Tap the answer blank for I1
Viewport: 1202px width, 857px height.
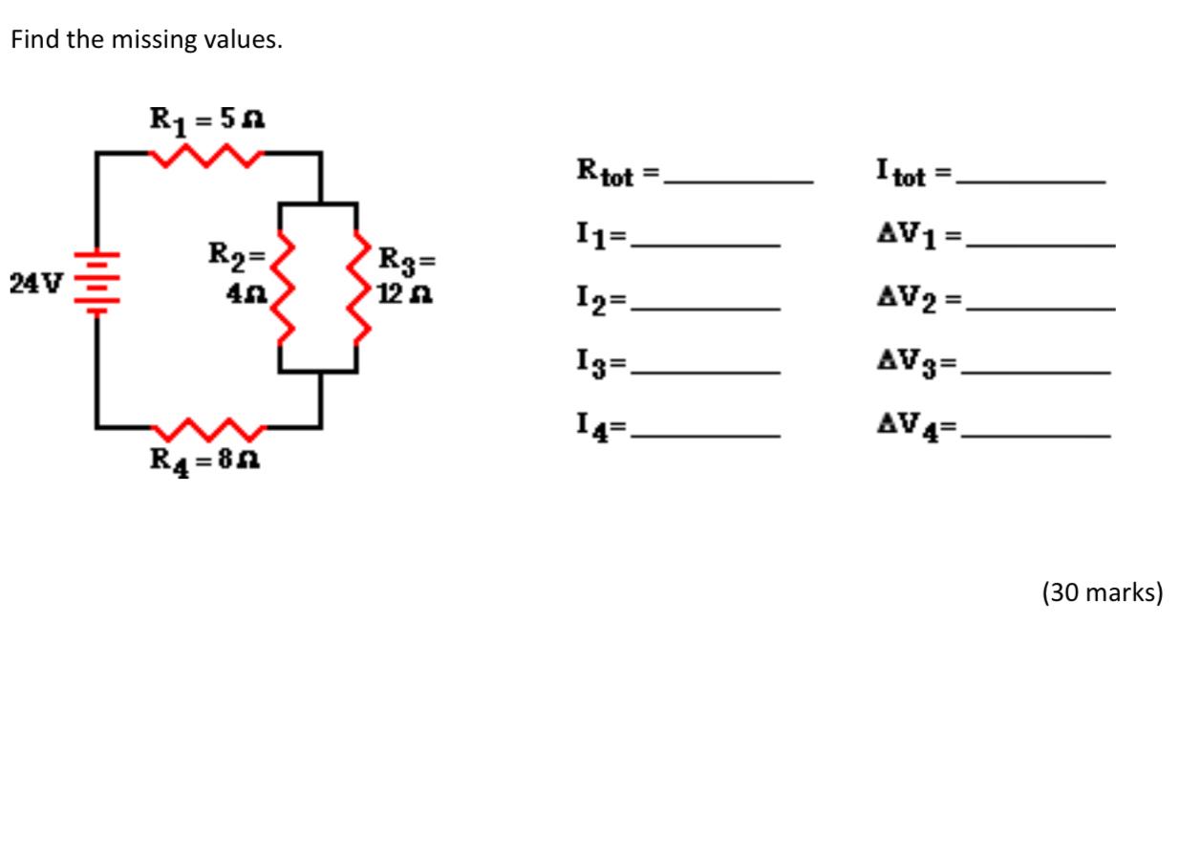click(x=706, y=245)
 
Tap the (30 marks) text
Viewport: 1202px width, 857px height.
click(x=1102, y=593)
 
